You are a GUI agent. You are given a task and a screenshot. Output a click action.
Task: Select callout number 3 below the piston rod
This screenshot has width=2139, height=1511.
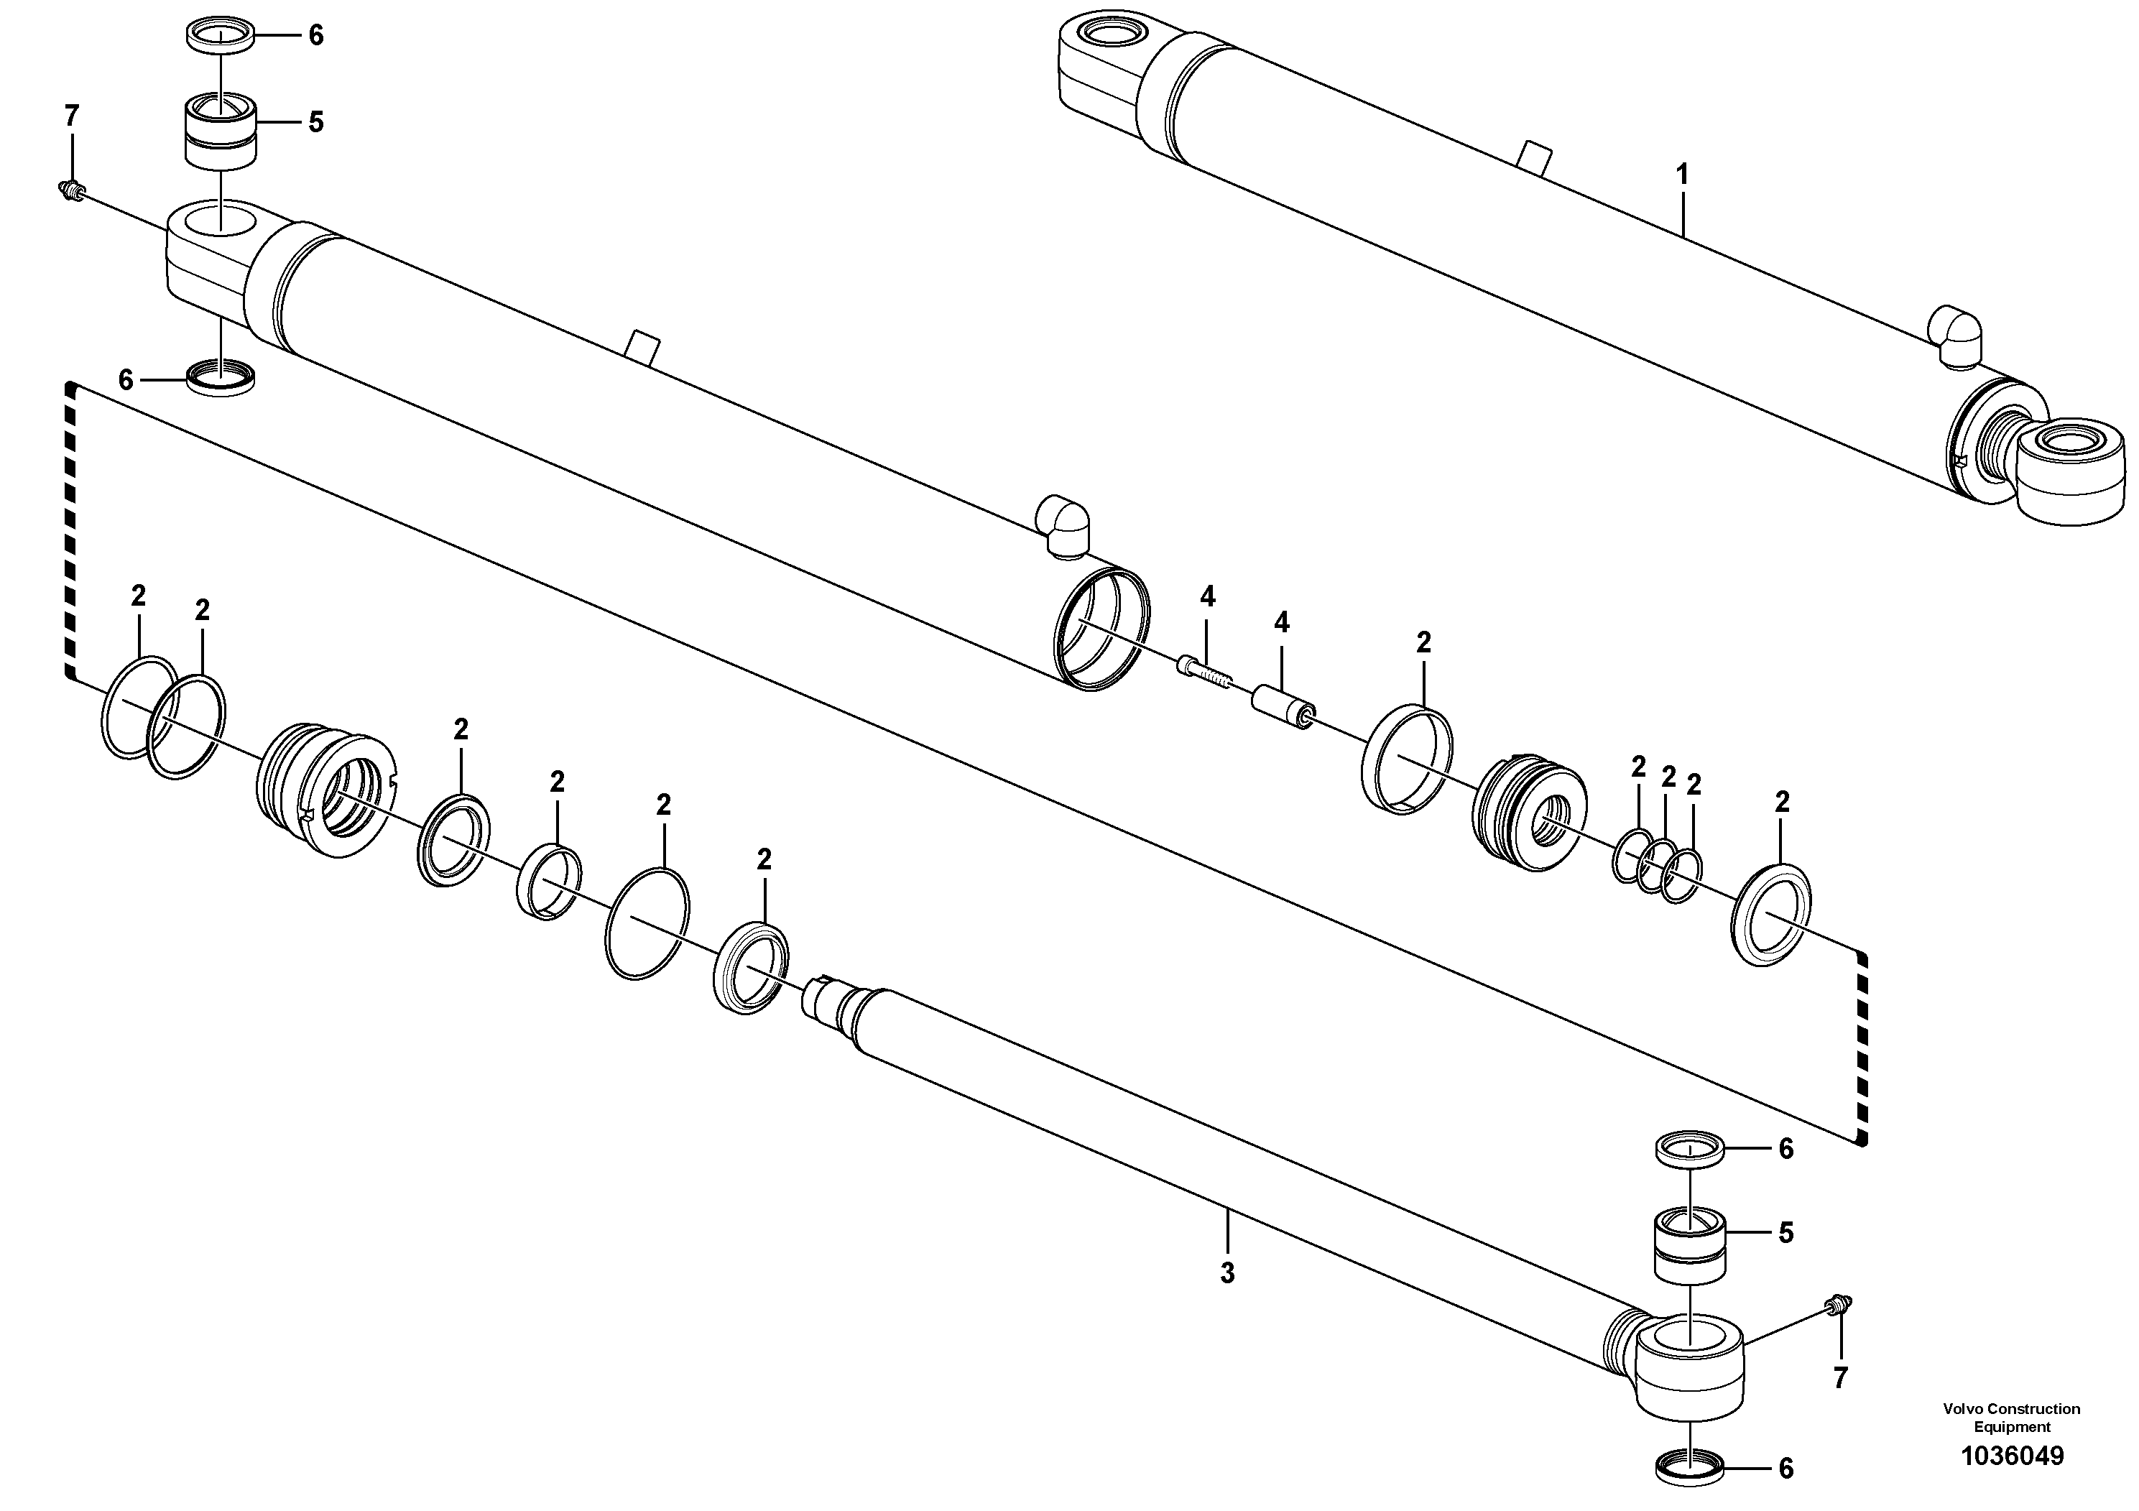point(1227,1273)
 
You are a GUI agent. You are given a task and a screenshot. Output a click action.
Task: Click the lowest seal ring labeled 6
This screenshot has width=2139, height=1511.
point(1689,1470)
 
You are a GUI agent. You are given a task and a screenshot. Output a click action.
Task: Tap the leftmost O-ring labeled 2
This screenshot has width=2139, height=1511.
point(139,706)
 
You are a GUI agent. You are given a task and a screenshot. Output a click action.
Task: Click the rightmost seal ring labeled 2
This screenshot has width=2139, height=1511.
point(1770,915)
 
